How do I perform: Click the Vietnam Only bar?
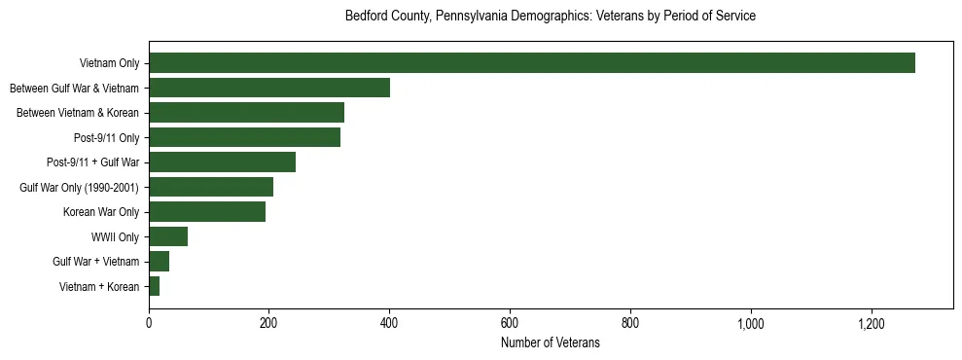[532, 63]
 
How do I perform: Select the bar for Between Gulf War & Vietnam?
[269, 88]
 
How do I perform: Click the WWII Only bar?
[168, 236]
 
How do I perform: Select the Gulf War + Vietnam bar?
[160, 261]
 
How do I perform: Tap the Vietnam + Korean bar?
[155, 286]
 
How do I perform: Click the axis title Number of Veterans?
[550, 343]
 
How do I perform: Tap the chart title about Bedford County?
[550, 17]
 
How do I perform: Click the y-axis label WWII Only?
[115, 236]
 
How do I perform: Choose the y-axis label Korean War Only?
[101, 211]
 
